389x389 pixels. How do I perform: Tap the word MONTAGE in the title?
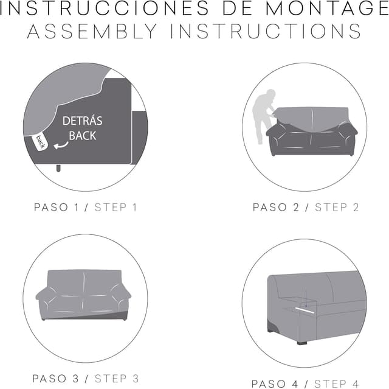[x=327, y=8]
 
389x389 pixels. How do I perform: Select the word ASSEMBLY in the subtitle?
[x=92, y=31]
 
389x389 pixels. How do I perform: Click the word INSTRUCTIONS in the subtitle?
[x=266, y=31]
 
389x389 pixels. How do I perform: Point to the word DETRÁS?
[x=83, y=121]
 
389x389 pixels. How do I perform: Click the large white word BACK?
[x=83, y=136]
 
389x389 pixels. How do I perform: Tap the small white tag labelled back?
[x=40, y=142]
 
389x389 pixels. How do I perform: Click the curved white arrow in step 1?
[x=61, y=145]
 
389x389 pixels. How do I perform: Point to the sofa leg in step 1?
[x=58, y=168]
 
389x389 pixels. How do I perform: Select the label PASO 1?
[x=57, y=208]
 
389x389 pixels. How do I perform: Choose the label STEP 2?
[x=337, y=208]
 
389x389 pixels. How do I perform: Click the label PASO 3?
[x=55, y=379]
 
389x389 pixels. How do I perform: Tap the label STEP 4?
[x=336, y=384]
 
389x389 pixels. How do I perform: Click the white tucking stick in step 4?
[x=305, y=310]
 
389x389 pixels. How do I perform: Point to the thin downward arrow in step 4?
[x=306, y=298]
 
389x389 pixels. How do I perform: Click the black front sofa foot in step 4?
[x=302, y=343]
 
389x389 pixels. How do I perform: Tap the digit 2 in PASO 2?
[x=296, y=208]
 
